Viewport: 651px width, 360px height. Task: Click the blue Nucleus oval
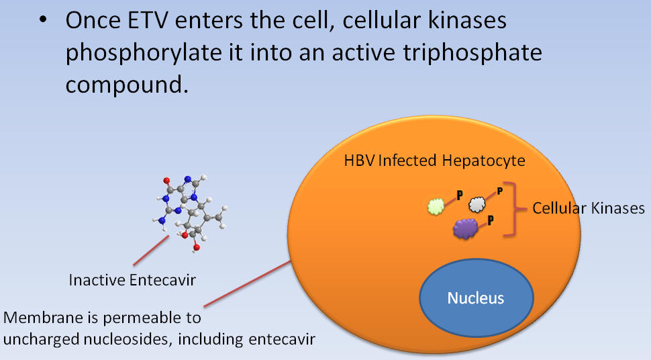(x=477, y=298)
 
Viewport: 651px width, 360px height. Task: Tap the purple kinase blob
(x=466, y=228)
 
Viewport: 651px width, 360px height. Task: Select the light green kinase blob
(x=436, y=207)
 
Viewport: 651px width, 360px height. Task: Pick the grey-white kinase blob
(x=477, y=204)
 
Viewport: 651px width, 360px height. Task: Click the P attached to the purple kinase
(x=491, y=220)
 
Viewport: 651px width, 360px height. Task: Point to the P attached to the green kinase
(x=460, y=195)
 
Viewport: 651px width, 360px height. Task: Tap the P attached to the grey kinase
(x=500, y=191)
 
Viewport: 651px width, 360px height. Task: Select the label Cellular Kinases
(x=589, y=208)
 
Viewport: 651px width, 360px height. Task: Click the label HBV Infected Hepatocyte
(x=435, y=161)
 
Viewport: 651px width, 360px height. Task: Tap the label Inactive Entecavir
(x=132, y=280)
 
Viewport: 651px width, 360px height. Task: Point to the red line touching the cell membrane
(x=247, y=284)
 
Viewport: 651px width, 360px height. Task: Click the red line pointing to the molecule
(x=151, y=251)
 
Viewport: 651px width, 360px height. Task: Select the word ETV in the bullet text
(x=148, y=20)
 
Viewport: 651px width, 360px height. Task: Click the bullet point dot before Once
(x=43, y=19)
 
